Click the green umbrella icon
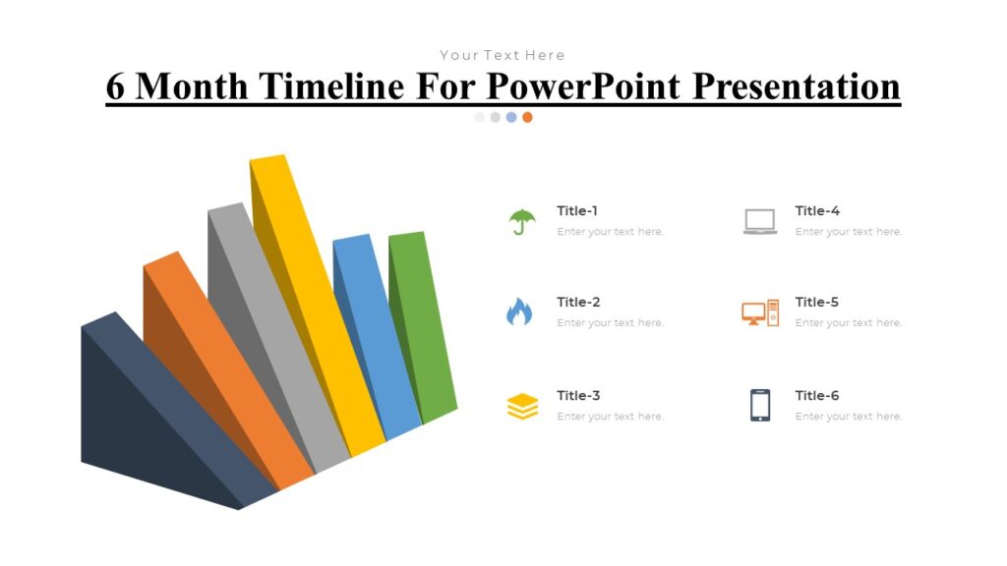[x=522, y=222]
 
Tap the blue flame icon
[x=519, y=312]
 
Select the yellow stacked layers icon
[x=522, y=406]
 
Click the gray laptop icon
[x=760, y=221]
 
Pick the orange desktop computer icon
[x=760, y=313]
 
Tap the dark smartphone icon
[x=760, y=405]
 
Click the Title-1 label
[x=577, y=210]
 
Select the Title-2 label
[x=578, y=302]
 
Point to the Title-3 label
[x=578, y=395]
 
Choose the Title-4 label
[x=817, y=210]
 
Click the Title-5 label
[x=817, y=302]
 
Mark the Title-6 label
[x=817, y=395]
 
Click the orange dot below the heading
[x=527, y=117]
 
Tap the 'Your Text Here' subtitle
[x=503, y=55]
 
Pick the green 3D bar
[x=424, y=324]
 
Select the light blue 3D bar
[x=378, y=334]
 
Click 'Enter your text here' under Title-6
[x=849, y=417]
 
